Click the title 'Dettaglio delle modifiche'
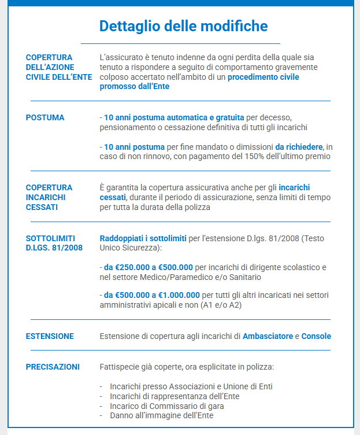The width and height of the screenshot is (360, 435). point(183,26)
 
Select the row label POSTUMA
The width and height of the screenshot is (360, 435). point(45,117)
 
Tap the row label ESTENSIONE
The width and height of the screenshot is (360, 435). point(50,336)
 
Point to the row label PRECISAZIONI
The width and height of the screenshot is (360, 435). point(53,367)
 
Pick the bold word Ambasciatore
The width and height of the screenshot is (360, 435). point(268,336)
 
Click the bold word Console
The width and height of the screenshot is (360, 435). point(316,336)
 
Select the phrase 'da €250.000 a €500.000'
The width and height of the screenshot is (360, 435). point(149,268)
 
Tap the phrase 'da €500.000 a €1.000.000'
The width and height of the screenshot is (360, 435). point(152,295)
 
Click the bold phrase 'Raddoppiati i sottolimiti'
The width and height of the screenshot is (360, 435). point(143,238)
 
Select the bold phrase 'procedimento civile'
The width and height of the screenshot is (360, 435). point(263,77)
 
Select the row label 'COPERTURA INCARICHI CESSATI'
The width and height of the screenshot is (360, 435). point(50,197)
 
